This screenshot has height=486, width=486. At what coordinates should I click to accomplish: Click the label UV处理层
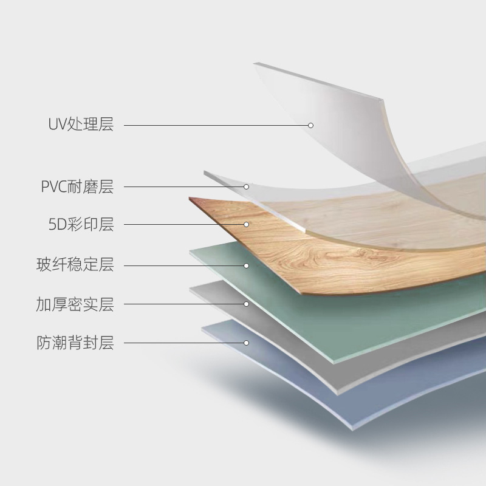point(81,125)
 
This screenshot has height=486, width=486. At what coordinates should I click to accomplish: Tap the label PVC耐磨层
point(77,187)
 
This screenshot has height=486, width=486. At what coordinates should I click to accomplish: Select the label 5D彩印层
point(81,224)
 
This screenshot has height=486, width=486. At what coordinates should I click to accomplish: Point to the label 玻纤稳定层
point(75,265)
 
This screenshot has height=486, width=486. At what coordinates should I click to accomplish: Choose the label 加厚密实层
point(75,304)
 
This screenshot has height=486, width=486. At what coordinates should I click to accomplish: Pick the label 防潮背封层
point(75,343)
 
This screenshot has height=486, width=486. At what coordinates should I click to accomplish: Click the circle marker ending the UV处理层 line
point(310,125)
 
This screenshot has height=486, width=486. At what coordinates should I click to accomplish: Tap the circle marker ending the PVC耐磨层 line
point(247,187)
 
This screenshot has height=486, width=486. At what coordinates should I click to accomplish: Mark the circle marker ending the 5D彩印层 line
point(247,224)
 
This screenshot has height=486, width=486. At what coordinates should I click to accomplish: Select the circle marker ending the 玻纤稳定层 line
point(247,265)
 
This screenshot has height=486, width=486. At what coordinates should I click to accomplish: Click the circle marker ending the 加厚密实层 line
point(247,304)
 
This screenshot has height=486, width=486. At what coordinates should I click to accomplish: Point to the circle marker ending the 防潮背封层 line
point(247,343)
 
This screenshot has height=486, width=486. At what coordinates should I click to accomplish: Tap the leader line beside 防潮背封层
point(182,343)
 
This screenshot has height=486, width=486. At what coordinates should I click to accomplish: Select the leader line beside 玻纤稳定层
point(182,265)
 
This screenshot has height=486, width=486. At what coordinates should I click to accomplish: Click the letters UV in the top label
point(57,125)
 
